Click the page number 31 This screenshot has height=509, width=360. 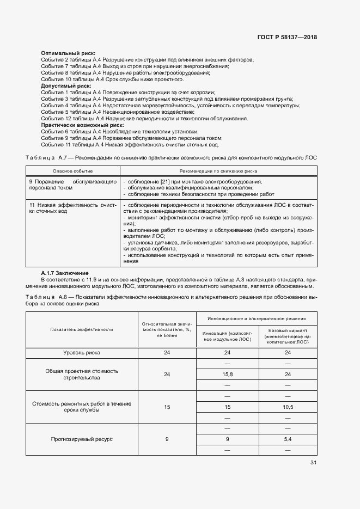(x=313, y=463)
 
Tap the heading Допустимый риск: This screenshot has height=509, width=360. (x=66, y=85)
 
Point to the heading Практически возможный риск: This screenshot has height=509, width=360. (x=82, y=125)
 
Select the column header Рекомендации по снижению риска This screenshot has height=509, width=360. (x=218, y=170)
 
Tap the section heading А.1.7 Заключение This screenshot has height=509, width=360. (x=65, y=273)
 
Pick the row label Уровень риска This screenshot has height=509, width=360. (x=81, y=353)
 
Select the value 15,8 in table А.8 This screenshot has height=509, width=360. (x=228, y=375)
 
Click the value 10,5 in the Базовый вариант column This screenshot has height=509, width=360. (x=288, y=407)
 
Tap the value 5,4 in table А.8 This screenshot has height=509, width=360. (x=288, y=439)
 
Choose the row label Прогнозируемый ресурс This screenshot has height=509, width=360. (x=81, y=439)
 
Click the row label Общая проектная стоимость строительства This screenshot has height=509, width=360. (x=81, y=374)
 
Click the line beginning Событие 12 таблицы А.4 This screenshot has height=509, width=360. (x=144, y=118)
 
